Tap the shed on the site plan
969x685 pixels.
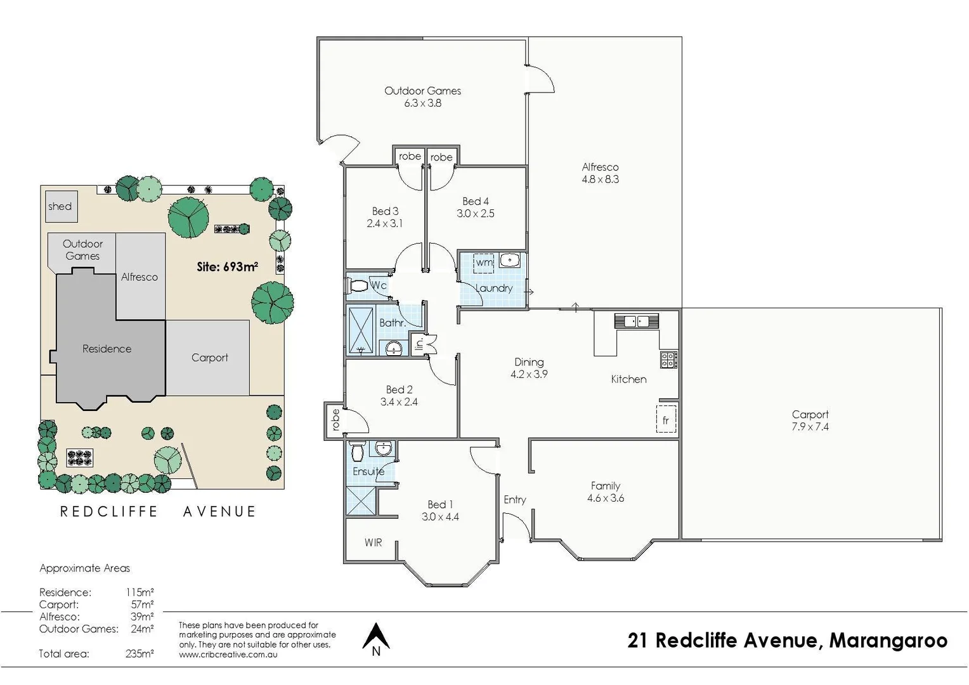pyautogui.click(x=61, y=207)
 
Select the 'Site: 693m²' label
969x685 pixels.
pyautogui.click(x=227, y=267)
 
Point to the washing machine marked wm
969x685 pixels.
pyautogui.click(x=484, y=262)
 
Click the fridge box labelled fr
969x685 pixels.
pyautogui.click(x=666, y=420)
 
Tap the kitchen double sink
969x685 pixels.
pyautogui.click(x=637, y=322)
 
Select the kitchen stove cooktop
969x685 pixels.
pyautogui.click(x=668, y=360)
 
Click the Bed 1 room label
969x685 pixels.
pyautogui.click(x=439, y=504)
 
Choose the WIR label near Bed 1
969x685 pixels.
pyautogui.click(x=373, y=542)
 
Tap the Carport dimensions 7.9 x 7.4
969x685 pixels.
pyautogui.click(x=810, y=427)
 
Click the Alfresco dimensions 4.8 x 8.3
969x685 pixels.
pyautogui.click(x=600, y=179)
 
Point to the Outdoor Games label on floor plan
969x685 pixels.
pyautogui.click(x=422, y=91)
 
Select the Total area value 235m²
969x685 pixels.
pyautogui.click(x=140, y=653)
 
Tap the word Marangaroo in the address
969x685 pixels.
pyautogui.click(x=888, y=641)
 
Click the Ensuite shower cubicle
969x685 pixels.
pyautogui.click(x=361, y=501)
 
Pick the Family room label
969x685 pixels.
pyautogui.click(x=605, y=486)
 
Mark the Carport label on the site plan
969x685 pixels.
pyautogui.click(x=209, y=358)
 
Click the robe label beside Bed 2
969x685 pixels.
pyautogui.click(x=335, y=419)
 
